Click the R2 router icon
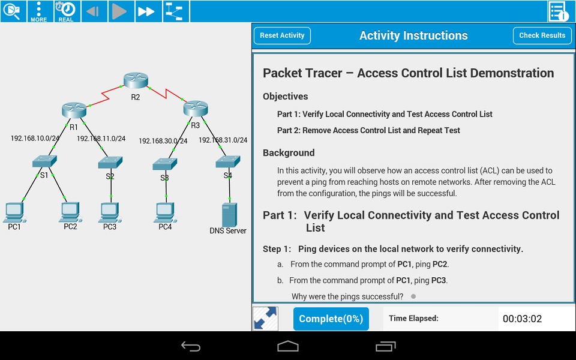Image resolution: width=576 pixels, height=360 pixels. coord(136,80)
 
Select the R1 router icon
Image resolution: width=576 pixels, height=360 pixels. coord(74,110)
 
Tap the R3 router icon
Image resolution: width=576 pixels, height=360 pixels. coord(196,109)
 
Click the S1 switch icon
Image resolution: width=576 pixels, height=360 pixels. coord(44,161)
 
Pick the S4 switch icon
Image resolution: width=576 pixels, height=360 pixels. coord(228,161)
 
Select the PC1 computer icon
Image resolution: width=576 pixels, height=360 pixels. coord(14,212)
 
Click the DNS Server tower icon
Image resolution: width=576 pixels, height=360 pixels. coord(229,215)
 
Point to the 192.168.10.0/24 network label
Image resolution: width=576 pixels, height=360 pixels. coord(35,138)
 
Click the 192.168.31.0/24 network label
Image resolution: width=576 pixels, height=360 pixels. coord(223,140)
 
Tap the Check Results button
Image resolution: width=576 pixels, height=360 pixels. coord(542,35)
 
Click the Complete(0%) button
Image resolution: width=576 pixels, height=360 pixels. coord(331,319)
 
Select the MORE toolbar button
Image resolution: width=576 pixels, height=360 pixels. coord(39,11)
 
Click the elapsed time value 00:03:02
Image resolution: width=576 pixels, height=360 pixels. coord(523,319)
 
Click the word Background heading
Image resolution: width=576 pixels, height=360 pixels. coord(289,153)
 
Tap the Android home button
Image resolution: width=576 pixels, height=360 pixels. coord(288,346)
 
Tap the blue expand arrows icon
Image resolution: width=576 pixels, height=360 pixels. coord(266,319)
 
